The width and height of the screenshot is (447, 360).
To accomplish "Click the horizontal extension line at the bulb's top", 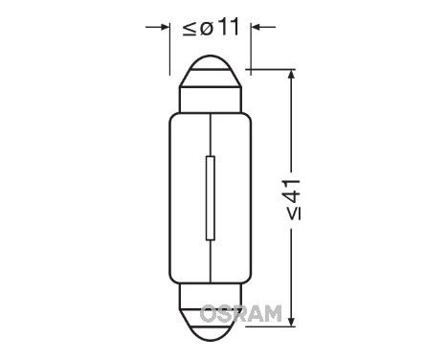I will point(273,69).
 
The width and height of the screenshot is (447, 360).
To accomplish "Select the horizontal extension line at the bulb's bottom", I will point(273,326).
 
